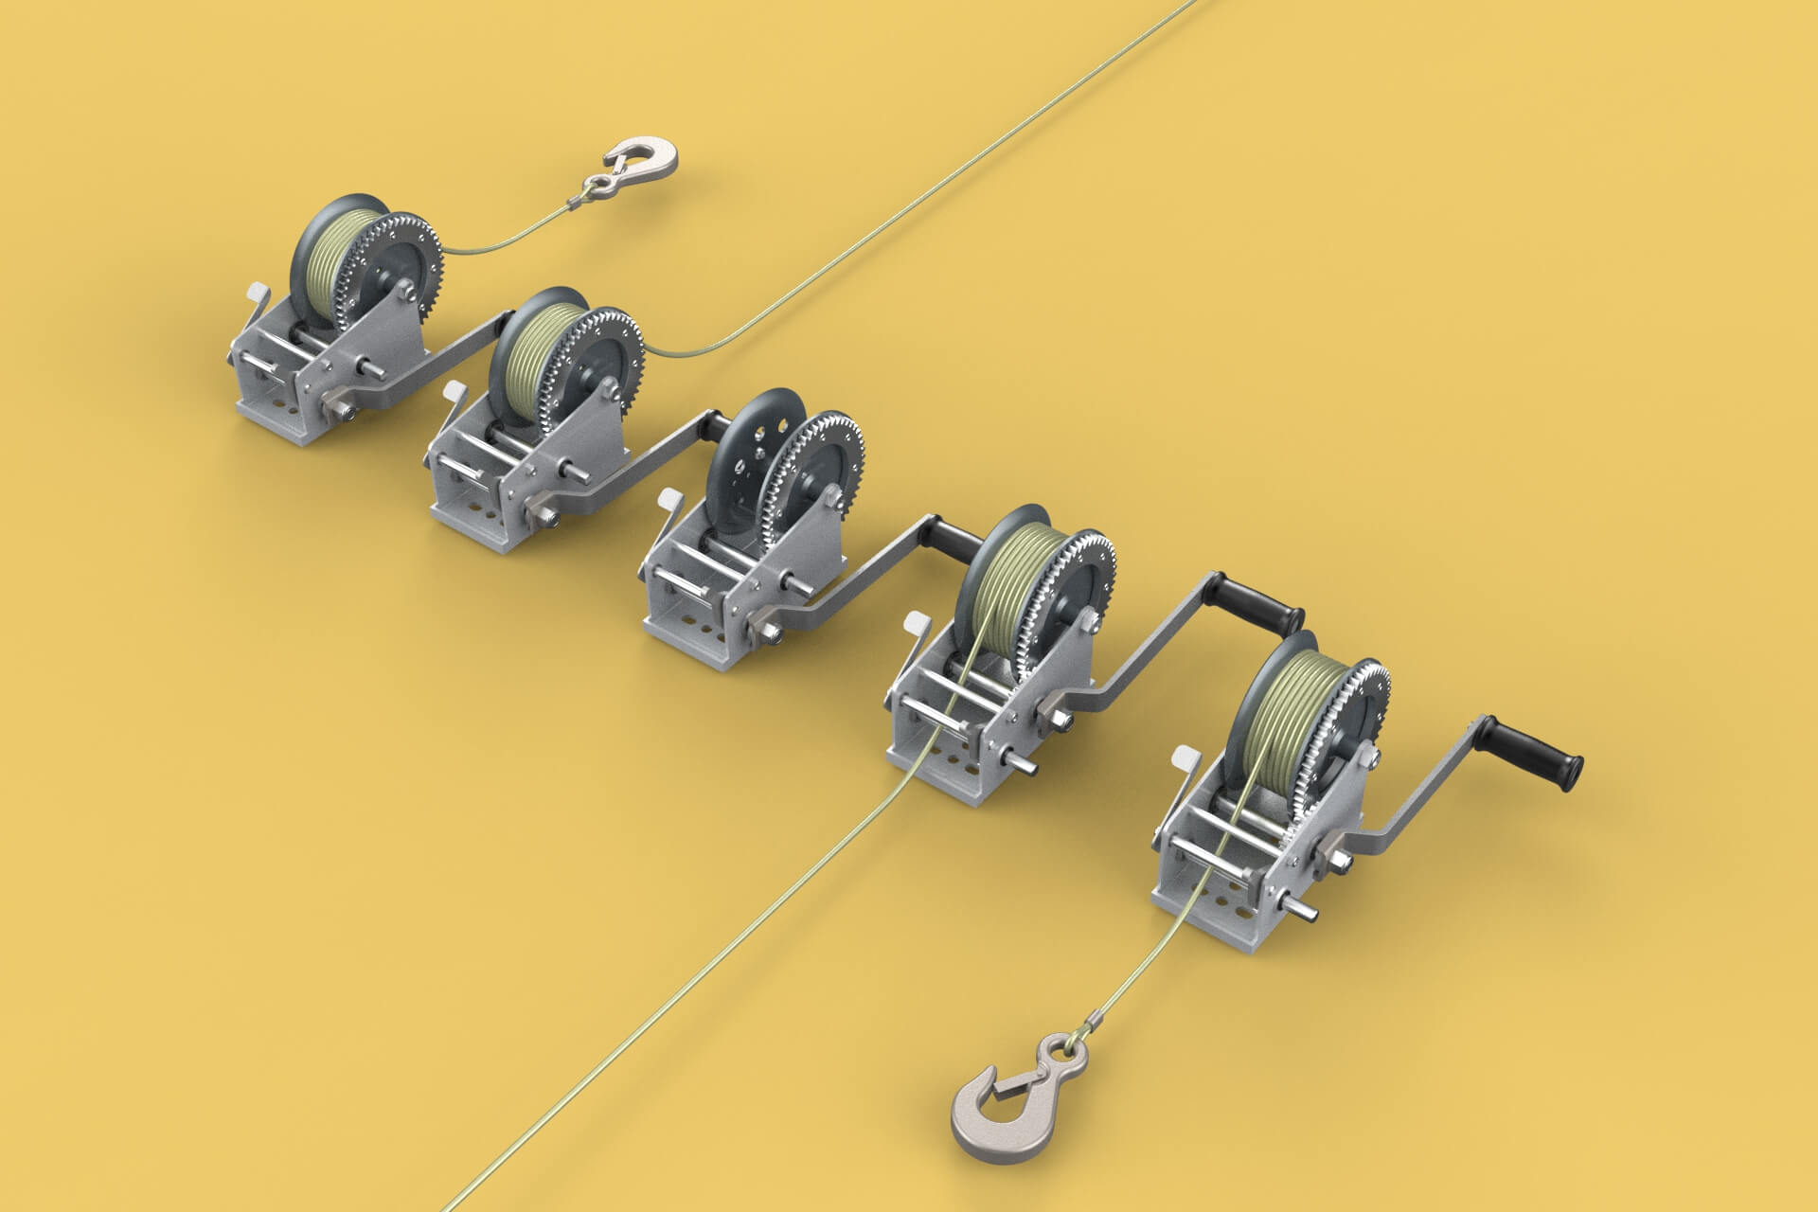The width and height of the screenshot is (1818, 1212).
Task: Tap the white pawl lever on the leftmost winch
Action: (258, 296)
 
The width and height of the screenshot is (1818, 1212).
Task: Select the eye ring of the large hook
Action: (1060, 1050)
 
